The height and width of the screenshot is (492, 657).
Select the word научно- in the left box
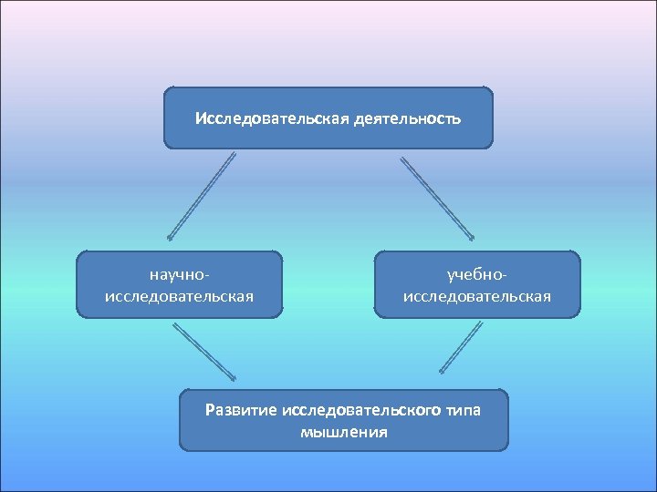[180, 273]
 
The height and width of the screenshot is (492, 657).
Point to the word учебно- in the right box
[476, 273]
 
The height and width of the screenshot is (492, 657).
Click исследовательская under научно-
[180, 295]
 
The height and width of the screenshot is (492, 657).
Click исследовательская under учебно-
[476, 295]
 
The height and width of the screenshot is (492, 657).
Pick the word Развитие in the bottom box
[242, 410]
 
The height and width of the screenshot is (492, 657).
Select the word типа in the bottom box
[464, 410]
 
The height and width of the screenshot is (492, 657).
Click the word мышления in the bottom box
[343, 432]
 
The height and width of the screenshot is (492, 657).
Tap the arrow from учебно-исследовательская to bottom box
[462, 347]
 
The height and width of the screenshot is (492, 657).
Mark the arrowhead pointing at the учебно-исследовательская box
[469, 236]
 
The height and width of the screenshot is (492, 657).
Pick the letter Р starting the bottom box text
[211, 410]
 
